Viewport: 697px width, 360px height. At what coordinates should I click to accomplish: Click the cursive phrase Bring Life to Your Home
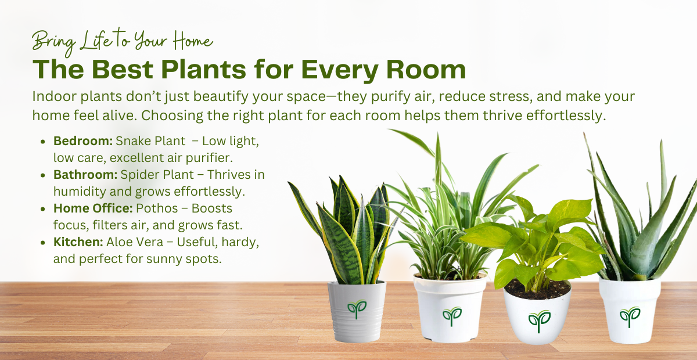(x=122, y=41)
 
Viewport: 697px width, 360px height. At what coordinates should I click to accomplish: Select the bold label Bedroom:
(x=83, y=141)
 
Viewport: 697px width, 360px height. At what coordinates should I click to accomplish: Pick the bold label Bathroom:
(x=85, y=174)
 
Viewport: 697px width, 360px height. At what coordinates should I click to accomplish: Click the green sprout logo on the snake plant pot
(x=357, y=308)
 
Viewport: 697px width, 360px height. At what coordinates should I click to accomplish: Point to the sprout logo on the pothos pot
(x=538, y=320)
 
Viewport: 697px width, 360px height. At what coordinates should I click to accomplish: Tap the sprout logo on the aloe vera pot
(x=629, y=315)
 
